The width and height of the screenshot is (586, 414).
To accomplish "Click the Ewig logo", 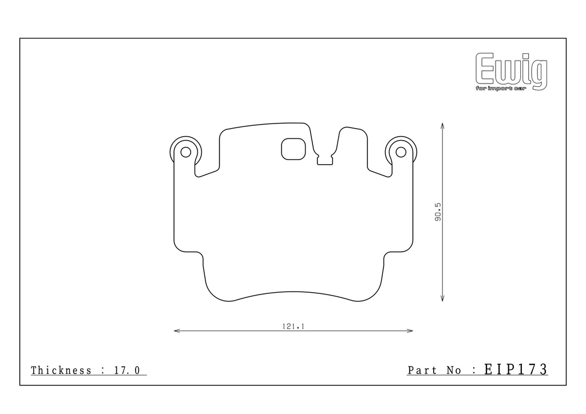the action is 511,71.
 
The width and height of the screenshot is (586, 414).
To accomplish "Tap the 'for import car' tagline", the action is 501,89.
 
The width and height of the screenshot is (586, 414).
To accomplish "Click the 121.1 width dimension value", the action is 294,327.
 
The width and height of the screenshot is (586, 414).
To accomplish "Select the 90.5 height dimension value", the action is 438,212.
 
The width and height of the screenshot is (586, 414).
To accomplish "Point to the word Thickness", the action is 61,371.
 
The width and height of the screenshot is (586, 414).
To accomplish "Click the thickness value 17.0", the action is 126,371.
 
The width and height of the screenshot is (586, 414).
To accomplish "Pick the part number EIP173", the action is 516,369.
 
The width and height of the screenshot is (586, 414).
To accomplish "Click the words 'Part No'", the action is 434,371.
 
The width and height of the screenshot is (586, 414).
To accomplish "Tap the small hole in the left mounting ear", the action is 186,152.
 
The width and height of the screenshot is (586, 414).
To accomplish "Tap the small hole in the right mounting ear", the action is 401,152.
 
